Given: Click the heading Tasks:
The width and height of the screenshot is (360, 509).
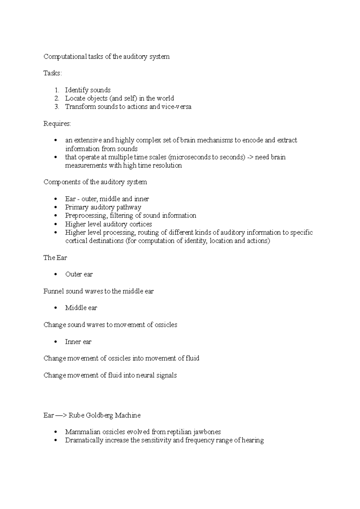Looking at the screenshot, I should tap(52, 73).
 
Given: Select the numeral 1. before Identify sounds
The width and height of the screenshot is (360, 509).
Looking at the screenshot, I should tap(57, 90).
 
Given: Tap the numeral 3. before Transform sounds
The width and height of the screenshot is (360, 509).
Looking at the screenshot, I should tap(57, 107).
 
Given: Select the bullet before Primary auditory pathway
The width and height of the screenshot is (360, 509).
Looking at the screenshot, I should tap(55, 207).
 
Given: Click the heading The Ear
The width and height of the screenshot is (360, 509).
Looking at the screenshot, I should tap(55, 258).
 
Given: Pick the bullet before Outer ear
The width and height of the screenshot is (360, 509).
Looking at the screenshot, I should tap(55, 275).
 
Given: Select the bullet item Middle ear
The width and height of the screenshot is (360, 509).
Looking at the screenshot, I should tap(81, 308).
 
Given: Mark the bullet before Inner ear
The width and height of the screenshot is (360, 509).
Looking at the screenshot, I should tap(55, 342).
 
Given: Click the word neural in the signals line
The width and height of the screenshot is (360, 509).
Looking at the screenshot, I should tap(145, 376).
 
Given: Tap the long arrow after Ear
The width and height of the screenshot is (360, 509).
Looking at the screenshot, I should tap(61, 415).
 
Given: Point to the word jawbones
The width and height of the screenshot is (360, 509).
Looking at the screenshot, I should tap(207, 432).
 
